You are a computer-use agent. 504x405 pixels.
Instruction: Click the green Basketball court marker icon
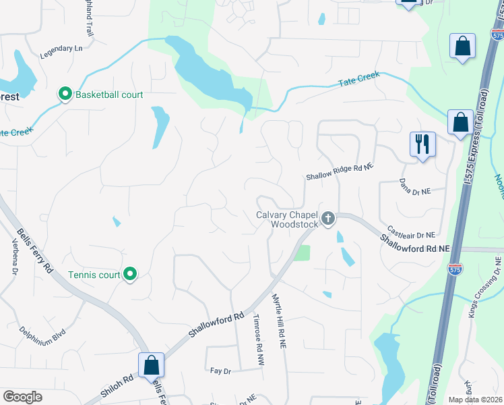pyautogui.click(x=65, y=94)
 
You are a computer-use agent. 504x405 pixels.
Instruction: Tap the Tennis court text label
pyautogui.click(x=94, y=275)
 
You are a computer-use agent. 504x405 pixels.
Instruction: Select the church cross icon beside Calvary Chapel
pyautogui.click(x=328, y=217)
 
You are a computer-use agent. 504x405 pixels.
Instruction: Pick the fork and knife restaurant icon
pyautogui.click(x=422, y=144)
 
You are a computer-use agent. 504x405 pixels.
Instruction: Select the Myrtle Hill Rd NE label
pyautogui.click(x=280, y=320)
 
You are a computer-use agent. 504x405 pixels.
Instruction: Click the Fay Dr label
pyautogui.click(x=220, y=371)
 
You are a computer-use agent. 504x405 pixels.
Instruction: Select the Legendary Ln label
pyautogui.click(x=61, y=49)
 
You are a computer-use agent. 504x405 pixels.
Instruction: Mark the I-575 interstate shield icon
pyautogui.click(x=456, y=269)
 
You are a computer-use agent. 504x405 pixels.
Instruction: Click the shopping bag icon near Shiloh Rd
pyautogui.click(x=152, y=364)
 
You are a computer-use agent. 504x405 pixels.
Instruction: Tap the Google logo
pyautogui.click(x=22, y=397)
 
